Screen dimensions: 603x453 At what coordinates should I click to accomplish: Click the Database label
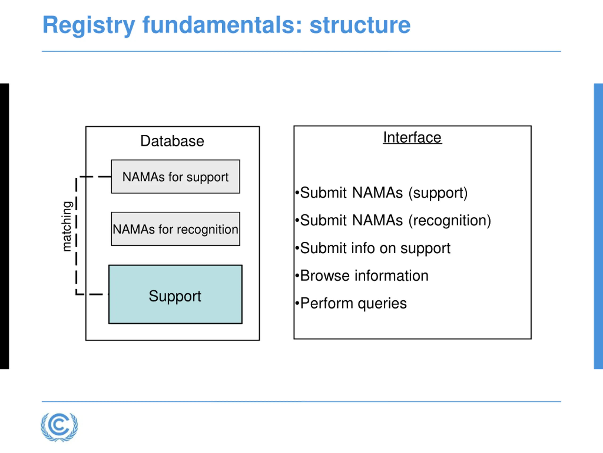(172, 141)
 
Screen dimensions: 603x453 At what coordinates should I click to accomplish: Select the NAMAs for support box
(175, 177)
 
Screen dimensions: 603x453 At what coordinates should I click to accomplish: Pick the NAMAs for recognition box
(175, 229)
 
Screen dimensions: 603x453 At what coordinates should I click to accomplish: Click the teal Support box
(175, 294)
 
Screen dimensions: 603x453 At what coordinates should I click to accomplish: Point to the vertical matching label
(67, 226)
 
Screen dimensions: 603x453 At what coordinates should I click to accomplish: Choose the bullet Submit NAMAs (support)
(381, 193)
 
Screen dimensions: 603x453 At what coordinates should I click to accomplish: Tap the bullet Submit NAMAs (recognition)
(393, 220)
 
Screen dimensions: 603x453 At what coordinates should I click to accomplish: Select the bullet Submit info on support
(373, 248)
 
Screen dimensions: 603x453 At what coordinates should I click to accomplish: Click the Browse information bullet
(362, 276)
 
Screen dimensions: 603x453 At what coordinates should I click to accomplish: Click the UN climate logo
(59, 427)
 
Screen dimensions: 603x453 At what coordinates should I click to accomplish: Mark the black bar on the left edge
(4, 226)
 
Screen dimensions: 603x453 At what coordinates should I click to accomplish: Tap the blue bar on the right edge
(599, 226)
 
